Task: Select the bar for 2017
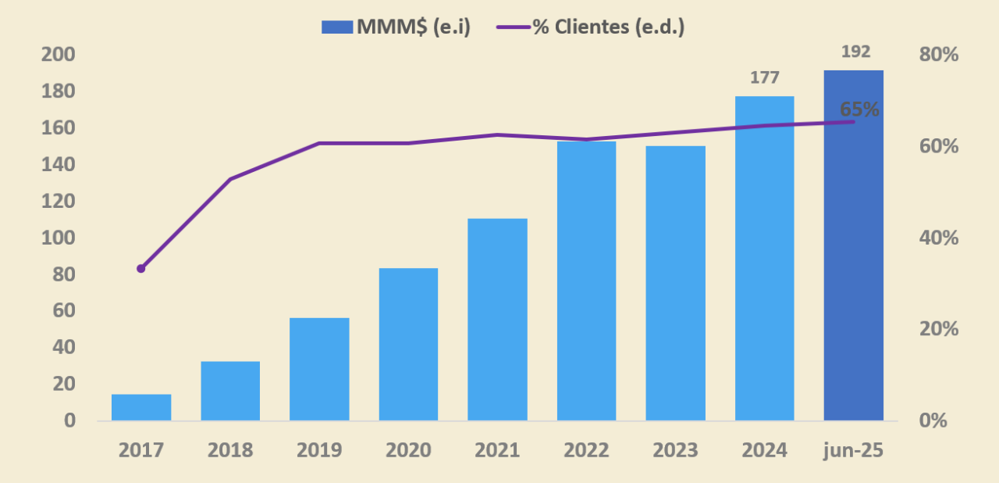[x=141, y=407]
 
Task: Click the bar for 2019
[x=319, y=369]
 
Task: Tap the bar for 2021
[x=497, y=319]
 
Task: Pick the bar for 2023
[x=675, y=283]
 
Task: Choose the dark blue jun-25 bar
[x=854, y=245]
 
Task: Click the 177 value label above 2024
[x=765, y=78]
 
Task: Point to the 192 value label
[x=855, y=52]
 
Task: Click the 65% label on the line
[x=859, y=109]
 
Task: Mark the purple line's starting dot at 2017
[x=141, y=268]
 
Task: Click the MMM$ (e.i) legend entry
[x=396, y=27]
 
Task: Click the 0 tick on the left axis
[x=69, y=420]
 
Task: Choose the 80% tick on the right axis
[x=939, y=55]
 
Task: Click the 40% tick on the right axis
[x=939, y=238]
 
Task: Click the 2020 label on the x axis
[x=408, y=451]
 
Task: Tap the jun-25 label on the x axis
[x=854, y=451]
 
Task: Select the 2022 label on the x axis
[x=586, y=451]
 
